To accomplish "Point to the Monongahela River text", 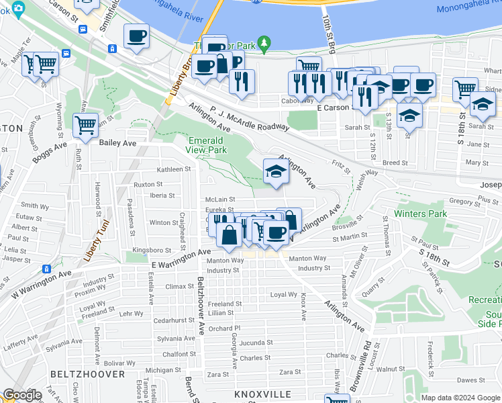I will click(468, 9).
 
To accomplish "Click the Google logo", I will click(22, 395).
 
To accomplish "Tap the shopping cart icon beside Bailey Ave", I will click(85, 126).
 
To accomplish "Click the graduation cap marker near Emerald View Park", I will click(275, 171).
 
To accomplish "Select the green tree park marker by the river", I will click(264, 44).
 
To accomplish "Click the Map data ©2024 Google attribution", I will click(460, 398).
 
